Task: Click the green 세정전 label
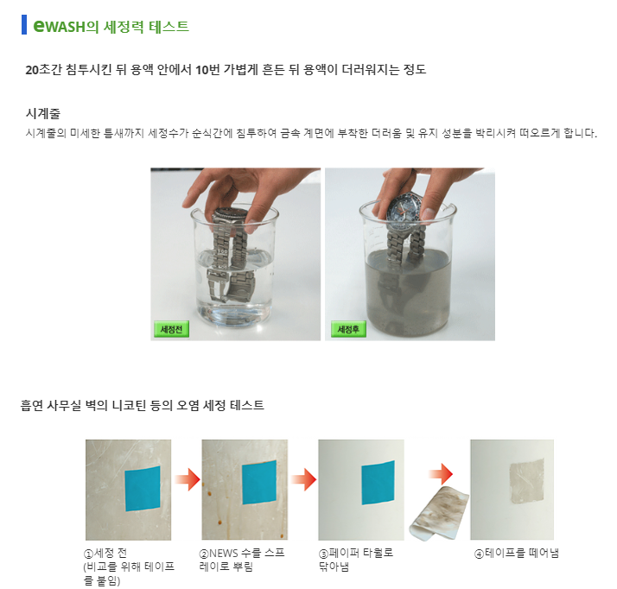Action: tap(171, 329)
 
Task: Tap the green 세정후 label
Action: tap(348, 329)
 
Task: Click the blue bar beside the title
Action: tap(24, 25)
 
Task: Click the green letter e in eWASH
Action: tap(40, 26)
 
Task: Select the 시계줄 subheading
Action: tap(43, 114)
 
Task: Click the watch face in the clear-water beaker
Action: tap(230, 215)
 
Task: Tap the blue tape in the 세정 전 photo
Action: tap(143, 489)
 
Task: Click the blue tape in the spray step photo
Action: tap(259, 482)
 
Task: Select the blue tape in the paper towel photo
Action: tap(378, 483)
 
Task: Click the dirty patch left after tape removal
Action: tap(527, 481)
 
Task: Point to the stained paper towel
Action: tap(439, 513)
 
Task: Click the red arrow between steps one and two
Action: tap(188, 479)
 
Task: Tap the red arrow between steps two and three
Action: tap(304, 479)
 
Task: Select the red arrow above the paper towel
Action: tap(441, 474)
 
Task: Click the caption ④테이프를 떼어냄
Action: tap(517, 554)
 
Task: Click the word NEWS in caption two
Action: tap(224, 554)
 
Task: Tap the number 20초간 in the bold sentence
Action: tap(44, 70)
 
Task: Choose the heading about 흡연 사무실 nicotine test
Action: tap(142, 405)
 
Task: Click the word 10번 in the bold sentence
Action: tap(207, 70)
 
